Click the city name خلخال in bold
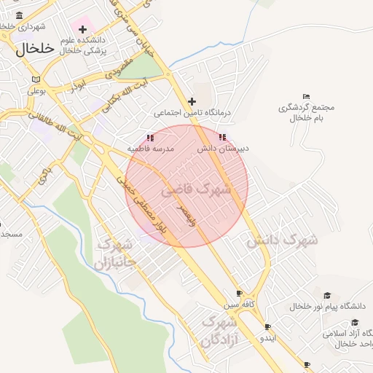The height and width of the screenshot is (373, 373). (35, 49)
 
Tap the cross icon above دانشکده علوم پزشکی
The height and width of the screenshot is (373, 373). (82, 29)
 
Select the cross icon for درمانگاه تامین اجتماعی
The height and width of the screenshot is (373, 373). (192, 101)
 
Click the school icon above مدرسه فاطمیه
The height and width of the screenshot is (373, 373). (150, 137)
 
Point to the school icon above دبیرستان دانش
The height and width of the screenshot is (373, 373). (222, 137)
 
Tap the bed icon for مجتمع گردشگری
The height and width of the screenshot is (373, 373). (306, 96)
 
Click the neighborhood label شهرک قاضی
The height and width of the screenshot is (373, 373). (196, 191)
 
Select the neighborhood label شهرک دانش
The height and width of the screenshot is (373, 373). (282, 240)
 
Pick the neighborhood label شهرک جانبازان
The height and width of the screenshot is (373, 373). (115, 253)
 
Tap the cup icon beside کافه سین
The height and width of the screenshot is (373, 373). (240, 293)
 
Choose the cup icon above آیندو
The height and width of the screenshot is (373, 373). (268, 327)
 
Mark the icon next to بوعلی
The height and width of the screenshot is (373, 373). (36, 79)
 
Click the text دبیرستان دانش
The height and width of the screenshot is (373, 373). (223, 149)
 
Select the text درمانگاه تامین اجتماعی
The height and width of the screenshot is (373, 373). (192, 114)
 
